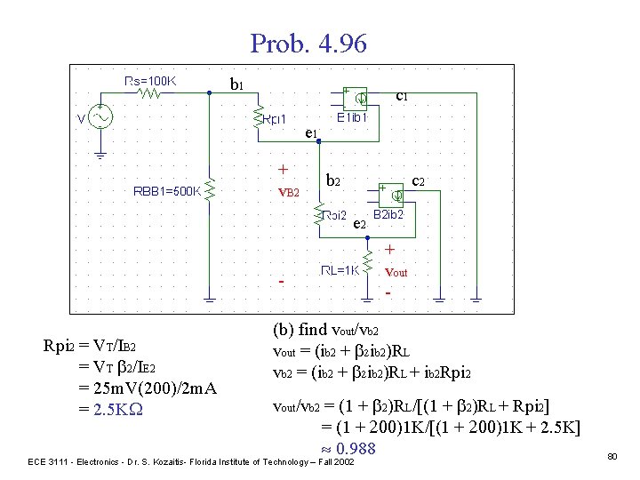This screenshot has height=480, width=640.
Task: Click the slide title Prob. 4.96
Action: (308, 43)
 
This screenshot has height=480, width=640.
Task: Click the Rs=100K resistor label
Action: (151, 81)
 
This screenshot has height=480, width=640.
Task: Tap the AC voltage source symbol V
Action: (98, 118)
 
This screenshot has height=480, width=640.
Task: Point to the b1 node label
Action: (237, 86)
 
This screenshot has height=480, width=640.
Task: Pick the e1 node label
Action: (311, 133)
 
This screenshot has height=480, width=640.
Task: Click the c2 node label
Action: (418, 180)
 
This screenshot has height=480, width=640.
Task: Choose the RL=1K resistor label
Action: (341, 272)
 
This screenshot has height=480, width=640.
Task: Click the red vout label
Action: (395, 272)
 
